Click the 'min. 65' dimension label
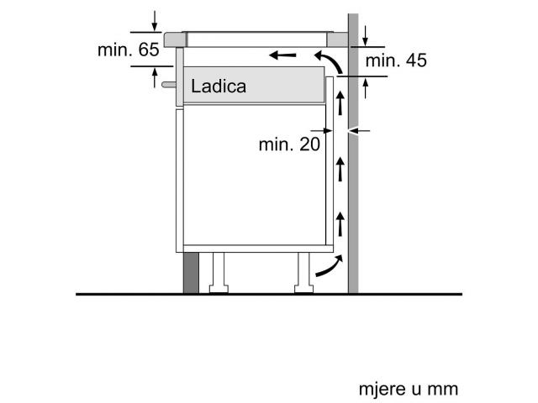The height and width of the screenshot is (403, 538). coord(129,50)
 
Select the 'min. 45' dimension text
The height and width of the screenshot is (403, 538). coord(396,60)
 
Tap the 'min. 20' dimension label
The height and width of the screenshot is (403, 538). coord(289,144)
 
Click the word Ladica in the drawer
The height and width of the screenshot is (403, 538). coord(219,86)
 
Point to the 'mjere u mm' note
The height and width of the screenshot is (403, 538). coord(409,390)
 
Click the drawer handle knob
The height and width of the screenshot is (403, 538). coord(169,85)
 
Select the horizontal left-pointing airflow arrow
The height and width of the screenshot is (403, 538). coord(282,55)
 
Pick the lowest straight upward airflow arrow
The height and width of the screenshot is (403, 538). coord(340,224)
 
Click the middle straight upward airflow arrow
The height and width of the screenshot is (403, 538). coord(340,169)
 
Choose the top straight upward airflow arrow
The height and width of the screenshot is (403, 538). coord(340,102)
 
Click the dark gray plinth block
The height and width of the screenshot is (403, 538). coord(191,273)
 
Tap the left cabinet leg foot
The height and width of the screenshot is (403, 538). coord(219,289)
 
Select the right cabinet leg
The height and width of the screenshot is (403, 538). coord(303,273)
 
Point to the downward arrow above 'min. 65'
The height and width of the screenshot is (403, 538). coord(155,21)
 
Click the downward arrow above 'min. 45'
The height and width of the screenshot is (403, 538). coord(366,36)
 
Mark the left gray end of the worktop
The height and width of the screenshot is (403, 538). coord(175,39)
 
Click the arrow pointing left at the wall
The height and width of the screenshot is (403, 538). coord(359,131)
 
